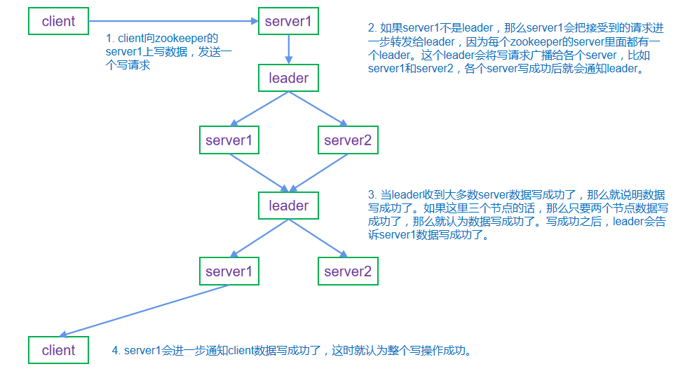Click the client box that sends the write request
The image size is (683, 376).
(x=58, y=21)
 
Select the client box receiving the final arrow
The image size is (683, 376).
(x=58, y=350)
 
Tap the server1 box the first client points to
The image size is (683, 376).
(x=288, y=21)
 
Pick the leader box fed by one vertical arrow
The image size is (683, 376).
(x=288, y=78)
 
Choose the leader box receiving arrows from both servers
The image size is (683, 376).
(x=288, y=206)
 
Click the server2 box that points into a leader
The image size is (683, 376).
(x=347, y=140)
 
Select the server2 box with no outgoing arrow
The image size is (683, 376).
(x=347, y=271)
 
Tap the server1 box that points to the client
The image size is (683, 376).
(x=229, y=271)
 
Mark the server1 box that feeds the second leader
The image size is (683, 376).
(x=229, y=140)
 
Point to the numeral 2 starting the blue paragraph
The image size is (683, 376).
(x=372, y=28)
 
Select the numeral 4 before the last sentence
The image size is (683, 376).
(x=116, y=350)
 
